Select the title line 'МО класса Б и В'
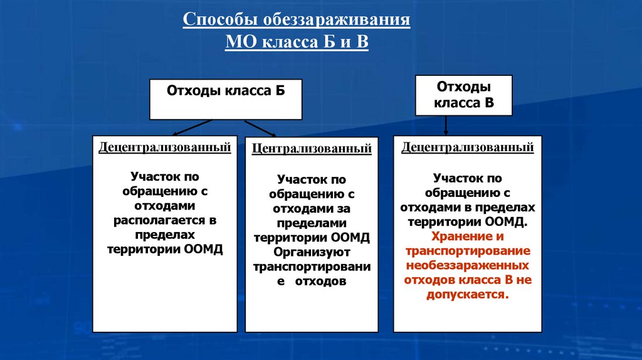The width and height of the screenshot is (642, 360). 297,43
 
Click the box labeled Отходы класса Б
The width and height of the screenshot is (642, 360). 225,98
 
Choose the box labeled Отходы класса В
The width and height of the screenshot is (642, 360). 463,95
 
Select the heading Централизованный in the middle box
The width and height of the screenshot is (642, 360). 312,150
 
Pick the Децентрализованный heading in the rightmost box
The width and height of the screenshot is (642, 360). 468,148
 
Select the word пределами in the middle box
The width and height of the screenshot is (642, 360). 312,223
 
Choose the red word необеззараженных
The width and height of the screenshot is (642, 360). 467,265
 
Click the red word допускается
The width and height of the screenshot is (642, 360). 466,294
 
